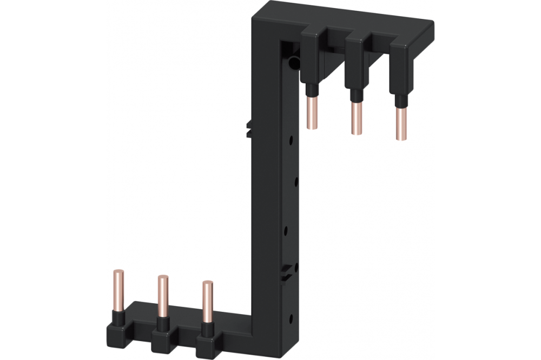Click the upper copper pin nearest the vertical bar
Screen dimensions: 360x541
tap(312, 112)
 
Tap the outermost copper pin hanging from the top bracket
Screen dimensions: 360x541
tap(401, 124)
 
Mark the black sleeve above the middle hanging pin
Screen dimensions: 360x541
tap(355, 95)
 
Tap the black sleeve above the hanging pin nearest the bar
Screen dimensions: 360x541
tap(311, 88)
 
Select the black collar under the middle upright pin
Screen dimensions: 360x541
tap(161, 322)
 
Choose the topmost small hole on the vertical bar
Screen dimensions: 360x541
tap(291, 140)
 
